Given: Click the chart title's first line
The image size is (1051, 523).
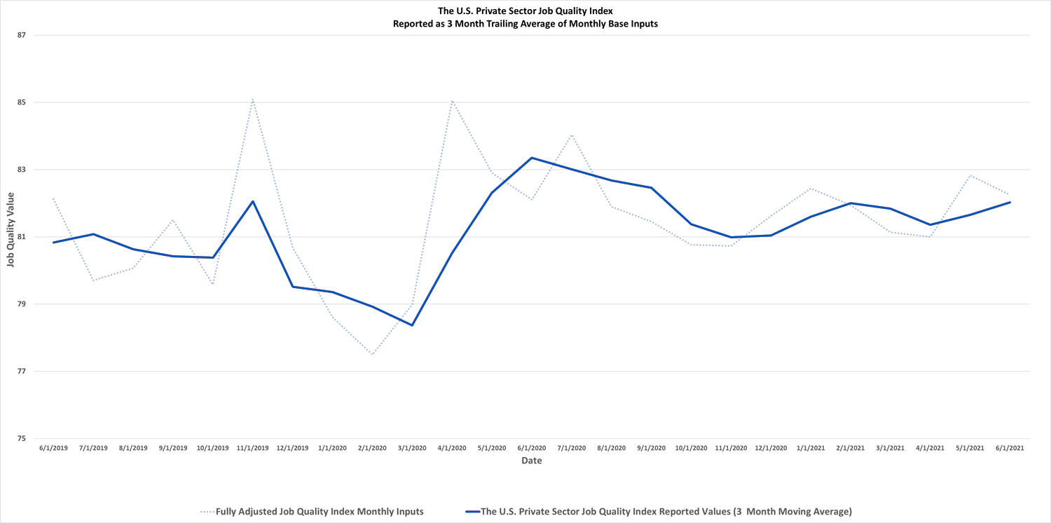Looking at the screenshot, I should (525, 11).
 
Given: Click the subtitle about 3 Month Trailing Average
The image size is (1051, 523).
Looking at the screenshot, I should (525, 23).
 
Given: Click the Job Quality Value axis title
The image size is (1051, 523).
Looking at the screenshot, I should (9, 236).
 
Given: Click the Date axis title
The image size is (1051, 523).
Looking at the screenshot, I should (531, 461).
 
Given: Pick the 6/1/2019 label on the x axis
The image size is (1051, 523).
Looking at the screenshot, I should (53, 447).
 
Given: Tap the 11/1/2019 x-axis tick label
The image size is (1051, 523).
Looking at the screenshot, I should (252, 447).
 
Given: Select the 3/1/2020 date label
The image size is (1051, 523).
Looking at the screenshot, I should (412, 447).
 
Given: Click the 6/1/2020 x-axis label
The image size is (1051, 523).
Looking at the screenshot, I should (532, 447).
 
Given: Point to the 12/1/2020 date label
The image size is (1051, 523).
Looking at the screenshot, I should (771, 447).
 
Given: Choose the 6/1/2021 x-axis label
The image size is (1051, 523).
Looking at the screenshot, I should (1010, 447).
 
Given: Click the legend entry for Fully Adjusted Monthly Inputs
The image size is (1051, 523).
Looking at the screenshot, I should (319, 512).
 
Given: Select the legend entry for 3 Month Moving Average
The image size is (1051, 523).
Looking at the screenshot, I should (666, 512).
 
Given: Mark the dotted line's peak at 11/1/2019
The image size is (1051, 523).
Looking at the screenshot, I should (252, 100).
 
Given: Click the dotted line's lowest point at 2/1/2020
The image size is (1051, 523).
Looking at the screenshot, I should (372, 355).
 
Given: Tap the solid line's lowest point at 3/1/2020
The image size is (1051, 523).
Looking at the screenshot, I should (412, 325).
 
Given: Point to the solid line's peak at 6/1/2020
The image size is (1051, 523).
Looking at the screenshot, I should (532, 158).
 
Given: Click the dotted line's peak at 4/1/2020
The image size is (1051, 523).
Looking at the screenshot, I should (452, 100).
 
